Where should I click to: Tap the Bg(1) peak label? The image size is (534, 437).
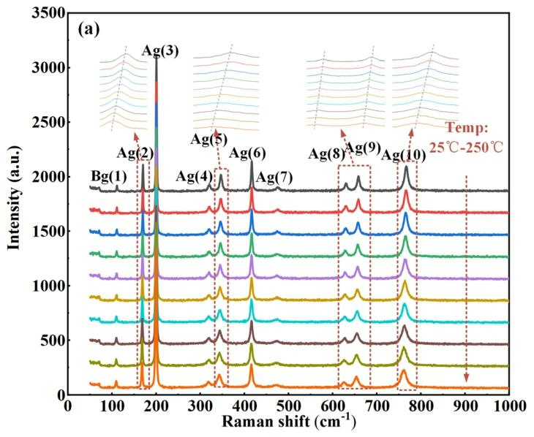pyautogui.click(x=108, y=176)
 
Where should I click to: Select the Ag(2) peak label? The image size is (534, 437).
pyautogui.click(x=135, y=153)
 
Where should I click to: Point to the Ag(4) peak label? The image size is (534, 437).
pyautogui.click(x=194, y=176)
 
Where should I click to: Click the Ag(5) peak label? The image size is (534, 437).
pyautogui.click(x=208, y=139)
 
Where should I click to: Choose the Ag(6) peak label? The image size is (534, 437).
pyautogui.click(x=247, y=153)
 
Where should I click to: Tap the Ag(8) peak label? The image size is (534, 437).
pyautogui.click(x=326, y=153)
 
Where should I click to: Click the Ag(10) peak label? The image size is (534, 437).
pyautogui.click(x=402, y=155)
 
